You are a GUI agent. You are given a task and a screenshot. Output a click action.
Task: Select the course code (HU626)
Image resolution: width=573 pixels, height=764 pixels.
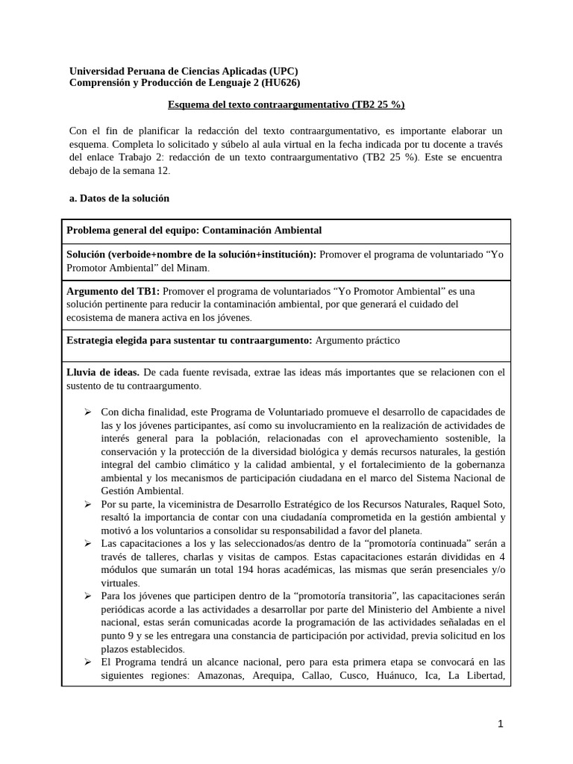pos(275,82)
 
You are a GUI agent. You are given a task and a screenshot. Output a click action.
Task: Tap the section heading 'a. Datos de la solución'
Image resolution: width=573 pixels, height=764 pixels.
pos(119,198)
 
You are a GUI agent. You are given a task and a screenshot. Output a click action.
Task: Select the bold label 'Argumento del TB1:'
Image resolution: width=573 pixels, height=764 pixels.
pos(113,290)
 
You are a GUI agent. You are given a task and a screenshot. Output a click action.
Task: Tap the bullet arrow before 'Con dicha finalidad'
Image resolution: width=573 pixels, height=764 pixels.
pos(87,412)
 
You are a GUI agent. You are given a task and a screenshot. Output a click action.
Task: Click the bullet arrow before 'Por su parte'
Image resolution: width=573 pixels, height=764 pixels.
pos(87,504)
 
